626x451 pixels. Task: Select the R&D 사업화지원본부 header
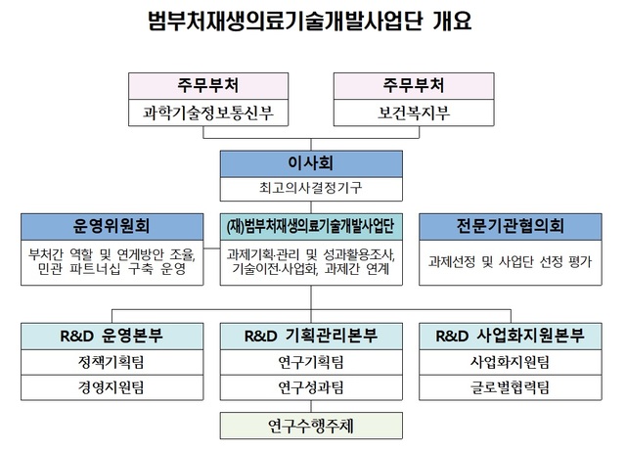click(x=509, y=337)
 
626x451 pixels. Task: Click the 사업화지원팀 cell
click(x=509, y=363)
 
